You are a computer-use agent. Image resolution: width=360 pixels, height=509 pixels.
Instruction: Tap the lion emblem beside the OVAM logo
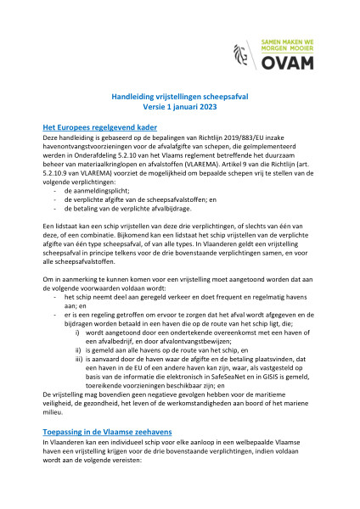pyautogui.click(x=242, y=55)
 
